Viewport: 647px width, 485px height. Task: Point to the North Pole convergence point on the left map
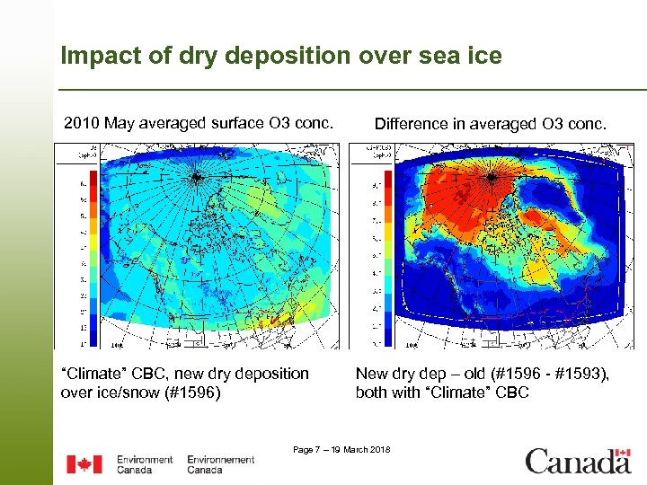click(195, 177)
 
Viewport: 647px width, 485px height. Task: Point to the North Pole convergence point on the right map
click(491, 177)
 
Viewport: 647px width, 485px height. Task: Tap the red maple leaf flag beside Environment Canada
click(84, 464)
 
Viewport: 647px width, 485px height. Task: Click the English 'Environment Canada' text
click(144, 464)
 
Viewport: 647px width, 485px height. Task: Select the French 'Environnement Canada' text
click(221, 464)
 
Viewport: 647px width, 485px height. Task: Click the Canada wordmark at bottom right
click(578, 462)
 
